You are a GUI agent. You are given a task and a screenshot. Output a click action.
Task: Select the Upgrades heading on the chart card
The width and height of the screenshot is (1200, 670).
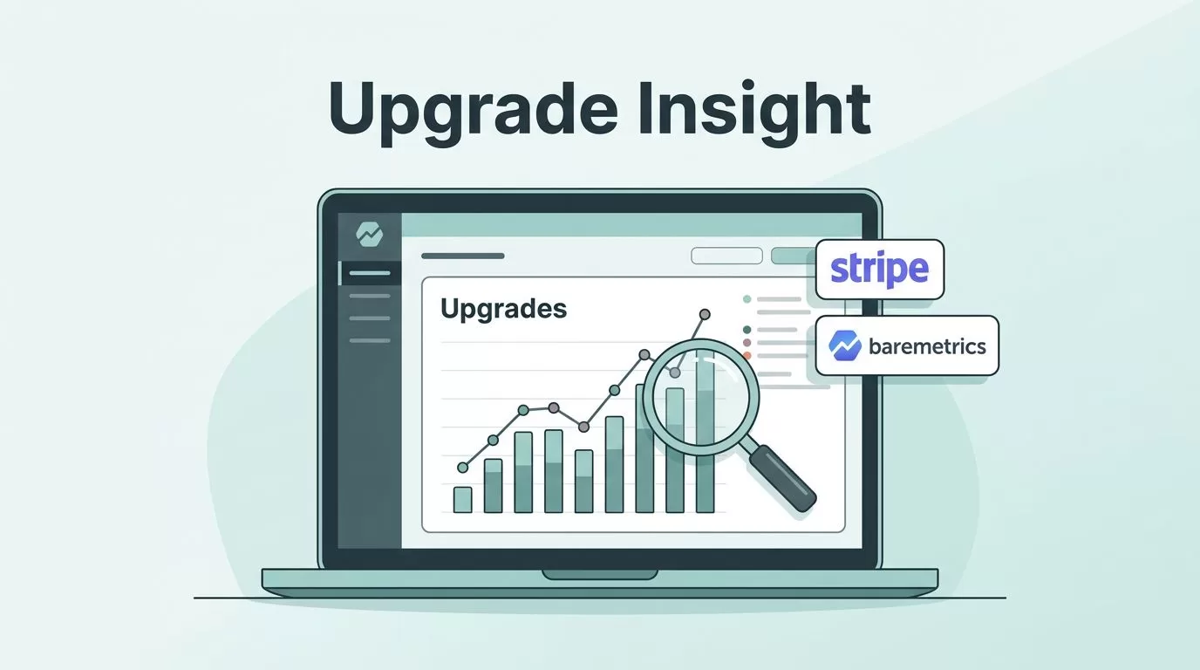pyautogui.click(x=503, y=310)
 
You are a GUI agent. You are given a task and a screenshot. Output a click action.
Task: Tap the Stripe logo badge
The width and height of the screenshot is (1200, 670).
pyautogui.click(x=880, y=269)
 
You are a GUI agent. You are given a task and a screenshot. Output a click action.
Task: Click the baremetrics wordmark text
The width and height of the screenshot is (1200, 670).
pyautogui.click(x=927, y=346)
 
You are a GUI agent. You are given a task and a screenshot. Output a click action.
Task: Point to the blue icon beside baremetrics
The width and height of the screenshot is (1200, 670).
pyautogui.click(x=845, y=345)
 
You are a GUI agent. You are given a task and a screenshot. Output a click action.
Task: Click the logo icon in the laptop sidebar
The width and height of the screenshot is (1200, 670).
pyautogui.click(x=369, y=234)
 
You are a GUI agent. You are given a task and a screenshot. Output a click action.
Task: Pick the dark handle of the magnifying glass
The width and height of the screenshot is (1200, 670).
pyautogui.click(x=782, y=479)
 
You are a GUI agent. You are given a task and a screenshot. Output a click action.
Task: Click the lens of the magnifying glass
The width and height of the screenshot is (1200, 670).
pyautogui.click(x=700, y=397)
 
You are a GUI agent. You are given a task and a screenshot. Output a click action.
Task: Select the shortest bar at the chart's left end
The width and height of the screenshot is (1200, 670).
pyautogui.click(x=462, y=500)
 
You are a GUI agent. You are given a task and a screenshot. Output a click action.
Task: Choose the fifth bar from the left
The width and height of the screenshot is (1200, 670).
pyautogui.click(x=584, y=482)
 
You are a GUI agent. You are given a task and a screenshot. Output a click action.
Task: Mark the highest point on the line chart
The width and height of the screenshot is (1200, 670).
pyautogui.click(x=705, y=315)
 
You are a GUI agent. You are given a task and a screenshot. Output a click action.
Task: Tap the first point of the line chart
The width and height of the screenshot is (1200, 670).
pyautogui.click(x=462, y=468)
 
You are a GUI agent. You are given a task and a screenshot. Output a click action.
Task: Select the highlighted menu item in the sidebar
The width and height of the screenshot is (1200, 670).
pyautogui.click(x=370, y=273)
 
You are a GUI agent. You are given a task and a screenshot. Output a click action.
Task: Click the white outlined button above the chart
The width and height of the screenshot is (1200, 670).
pyautogui.click(x=727, y=256)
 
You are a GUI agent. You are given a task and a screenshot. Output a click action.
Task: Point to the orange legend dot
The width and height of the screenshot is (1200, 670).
pyautogui.click(x=747, y=355)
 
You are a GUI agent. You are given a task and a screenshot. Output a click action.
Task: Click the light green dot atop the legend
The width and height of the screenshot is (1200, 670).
pyautogui.click(x=747, y=299)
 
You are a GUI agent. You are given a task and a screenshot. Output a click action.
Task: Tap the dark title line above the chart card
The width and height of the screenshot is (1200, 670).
pyautogui.click(x=463, y=256)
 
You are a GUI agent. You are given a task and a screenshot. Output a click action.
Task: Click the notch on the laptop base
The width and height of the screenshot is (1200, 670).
pyautogui.click(x=600, y=575)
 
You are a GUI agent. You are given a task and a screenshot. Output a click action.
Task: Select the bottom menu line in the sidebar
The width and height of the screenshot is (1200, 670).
pyautogui.click(x=370, y=340)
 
